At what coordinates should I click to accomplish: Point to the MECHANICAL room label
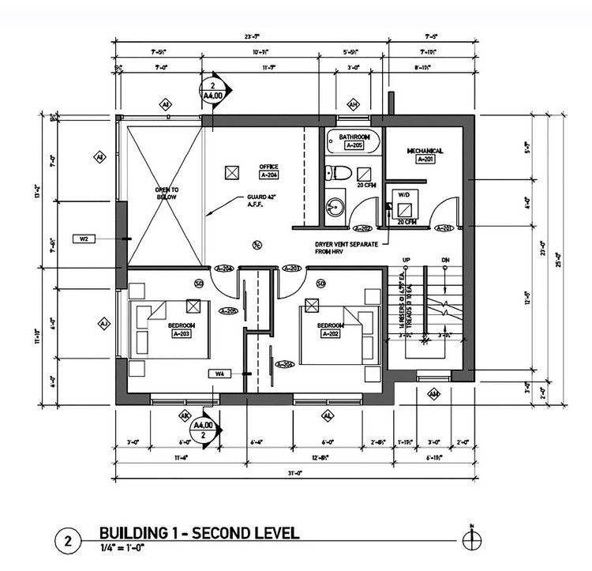[425, 150]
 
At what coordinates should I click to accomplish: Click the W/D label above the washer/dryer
[403, 193]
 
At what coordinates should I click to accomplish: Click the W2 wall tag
[84, 238]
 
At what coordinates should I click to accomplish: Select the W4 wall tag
[219, 373]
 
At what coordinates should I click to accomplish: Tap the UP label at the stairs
[408, 259]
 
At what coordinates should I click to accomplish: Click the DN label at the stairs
[445, 259]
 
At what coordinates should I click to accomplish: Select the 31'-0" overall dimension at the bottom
[294, 474]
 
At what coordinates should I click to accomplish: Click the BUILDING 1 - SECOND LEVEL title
[198, 533]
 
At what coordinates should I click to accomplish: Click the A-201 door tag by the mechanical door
[444, 229]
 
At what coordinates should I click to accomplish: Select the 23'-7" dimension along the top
[253, 36]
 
